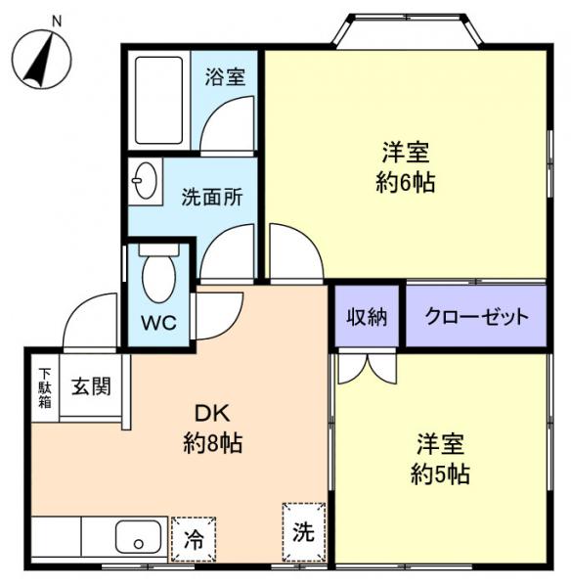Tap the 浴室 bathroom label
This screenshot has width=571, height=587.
click(x=225, y=77)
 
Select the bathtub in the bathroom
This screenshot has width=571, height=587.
click(x=159, y=99)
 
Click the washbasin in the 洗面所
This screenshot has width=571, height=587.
click(x=147, y=182)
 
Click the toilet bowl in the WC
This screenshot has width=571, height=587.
click(x=157, y=277)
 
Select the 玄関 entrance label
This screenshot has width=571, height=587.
click(x=90, y=384)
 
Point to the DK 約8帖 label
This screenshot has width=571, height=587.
click(x=213, y=429)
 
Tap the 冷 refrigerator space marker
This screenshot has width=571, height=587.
click(x=195, y=539)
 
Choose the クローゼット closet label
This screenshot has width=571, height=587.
click(x=476, y=317)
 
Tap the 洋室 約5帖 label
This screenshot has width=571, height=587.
click(x=440, y=459)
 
